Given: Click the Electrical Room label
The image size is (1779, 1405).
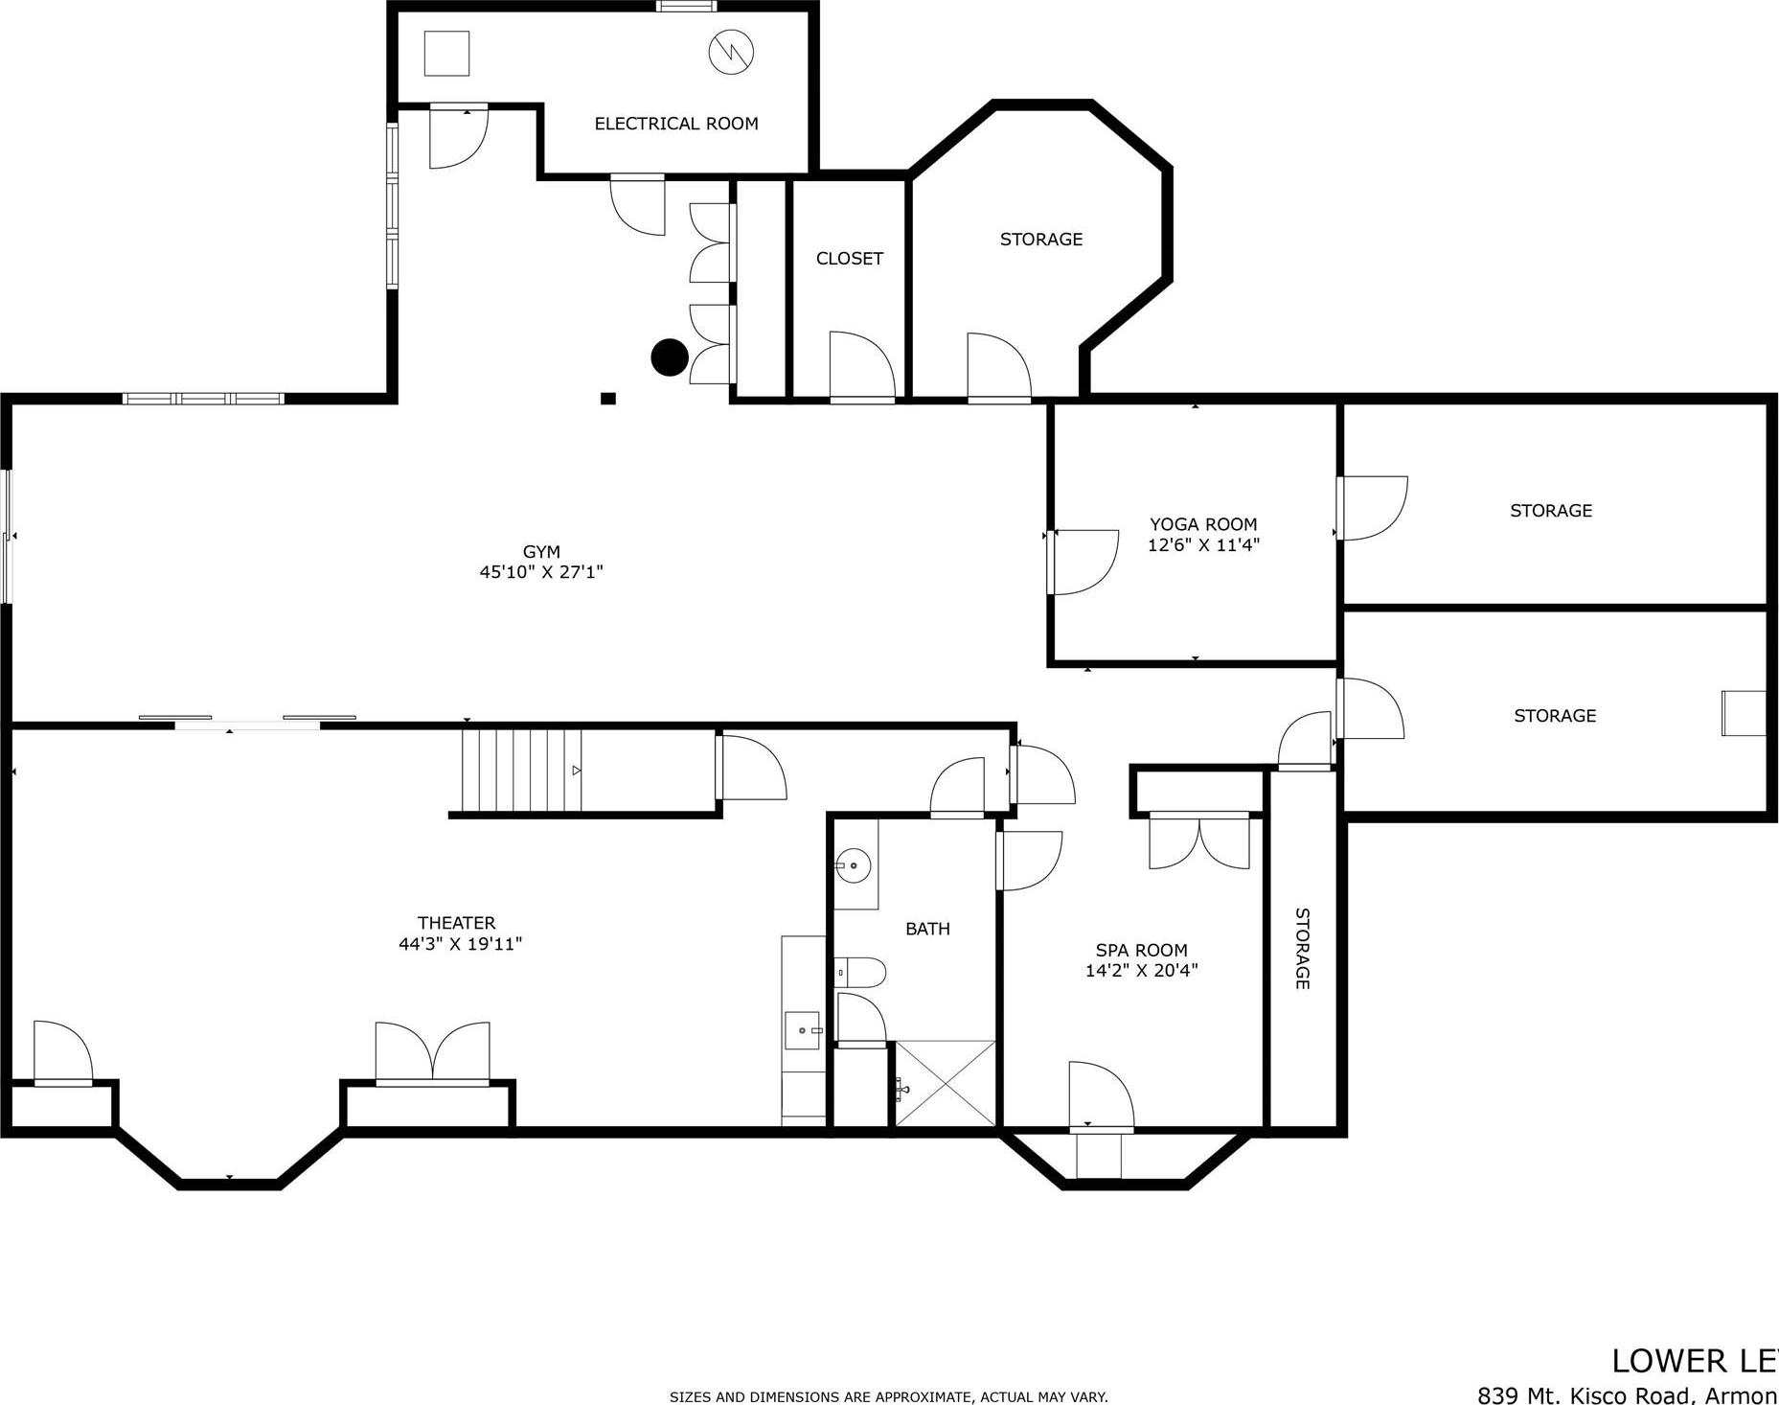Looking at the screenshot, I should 675,124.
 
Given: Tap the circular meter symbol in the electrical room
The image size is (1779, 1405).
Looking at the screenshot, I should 731,53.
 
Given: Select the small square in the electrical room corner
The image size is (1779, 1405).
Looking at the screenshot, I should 446,54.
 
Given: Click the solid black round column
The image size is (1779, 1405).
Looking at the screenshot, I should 670,357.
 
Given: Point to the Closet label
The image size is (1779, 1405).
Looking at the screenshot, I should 849,259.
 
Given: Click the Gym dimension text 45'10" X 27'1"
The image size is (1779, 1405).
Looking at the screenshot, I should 541,572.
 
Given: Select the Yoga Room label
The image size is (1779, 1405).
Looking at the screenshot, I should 1203,524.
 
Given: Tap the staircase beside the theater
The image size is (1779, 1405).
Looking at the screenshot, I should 521,771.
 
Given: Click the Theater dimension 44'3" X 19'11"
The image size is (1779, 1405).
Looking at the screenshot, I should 460,944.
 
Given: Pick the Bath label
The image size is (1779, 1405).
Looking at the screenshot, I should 927,929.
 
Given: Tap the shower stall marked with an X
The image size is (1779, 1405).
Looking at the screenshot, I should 945,1084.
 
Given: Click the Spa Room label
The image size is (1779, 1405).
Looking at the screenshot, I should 1141,951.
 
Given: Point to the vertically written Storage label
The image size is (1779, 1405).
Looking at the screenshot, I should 1302,948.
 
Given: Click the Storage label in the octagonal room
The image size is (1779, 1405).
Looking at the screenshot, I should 1040,240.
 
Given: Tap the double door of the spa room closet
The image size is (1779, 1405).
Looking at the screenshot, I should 1198,841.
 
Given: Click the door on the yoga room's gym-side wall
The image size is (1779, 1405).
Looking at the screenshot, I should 1083,562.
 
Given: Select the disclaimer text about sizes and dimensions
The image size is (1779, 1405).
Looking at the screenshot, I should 888,1397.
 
